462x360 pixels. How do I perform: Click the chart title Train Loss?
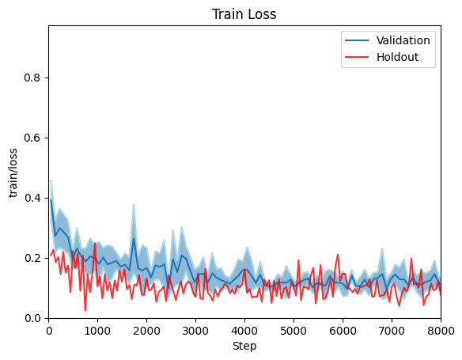pos(244,13)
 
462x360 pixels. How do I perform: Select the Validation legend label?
pos(403,40)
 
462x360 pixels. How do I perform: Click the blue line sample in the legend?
pos(357,40)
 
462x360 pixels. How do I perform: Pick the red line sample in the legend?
pos(357,57)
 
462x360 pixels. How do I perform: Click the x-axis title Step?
pos(244,346)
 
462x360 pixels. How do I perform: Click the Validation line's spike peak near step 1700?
pos(134,238)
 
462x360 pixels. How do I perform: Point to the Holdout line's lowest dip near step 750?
pos(85,310)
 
